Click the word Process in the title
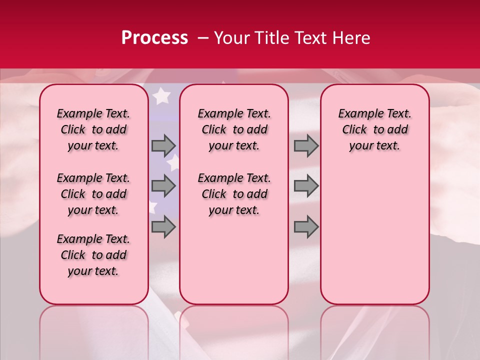point(154,38)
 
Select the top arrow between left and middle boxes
point(163,145)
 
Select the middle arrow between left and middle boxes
point(163,186)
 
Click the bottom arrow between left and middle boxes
point(163,227)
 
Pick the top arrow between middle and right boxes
point(306,145)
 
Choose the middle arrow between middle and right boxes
point(306,186)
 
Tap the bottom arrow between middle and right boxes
point(306,227)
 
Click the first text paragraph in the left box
point(93,129)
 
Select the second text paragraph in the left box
point(93,194)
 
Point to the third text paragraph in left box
point(93,255)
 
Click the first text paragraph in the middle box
point(234,129)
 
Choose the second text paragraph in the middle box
point(234,194)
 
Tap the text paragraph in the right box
point(375,129)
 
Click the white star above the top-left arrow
point(161,95)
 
